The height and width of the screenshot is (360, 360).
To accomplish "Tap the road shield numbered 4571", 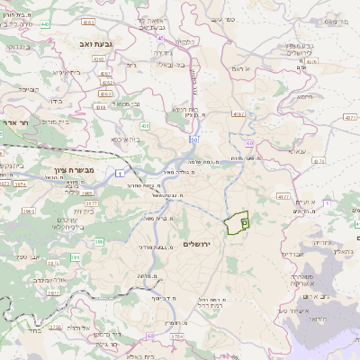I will click(350, 117).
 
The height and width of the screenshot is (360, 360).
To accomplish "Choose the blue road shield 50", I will click(193, 140).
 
